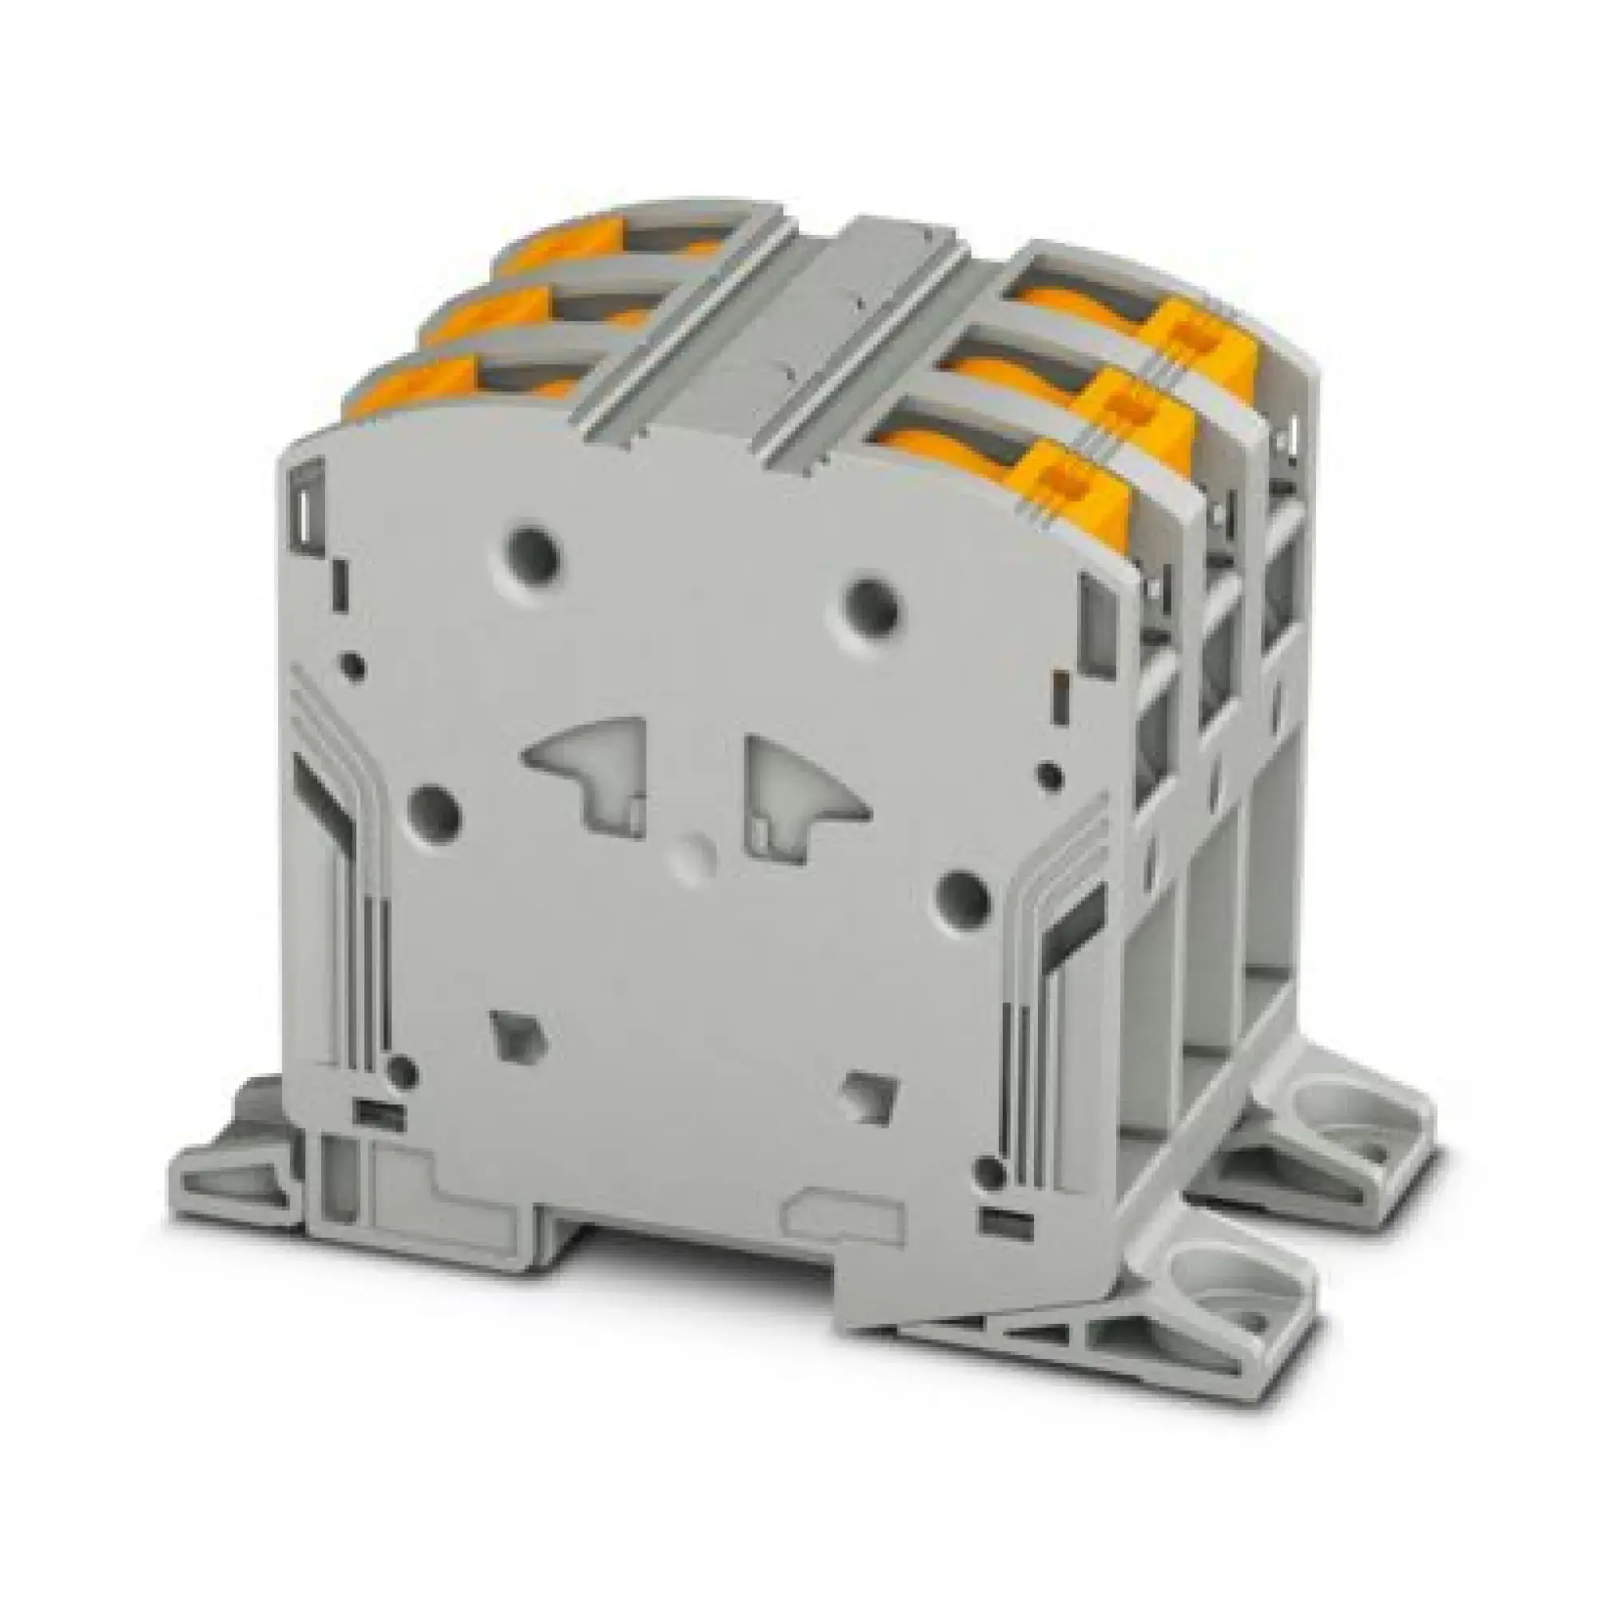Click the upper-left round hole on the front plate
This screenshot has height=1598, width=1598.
[534, 549]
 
